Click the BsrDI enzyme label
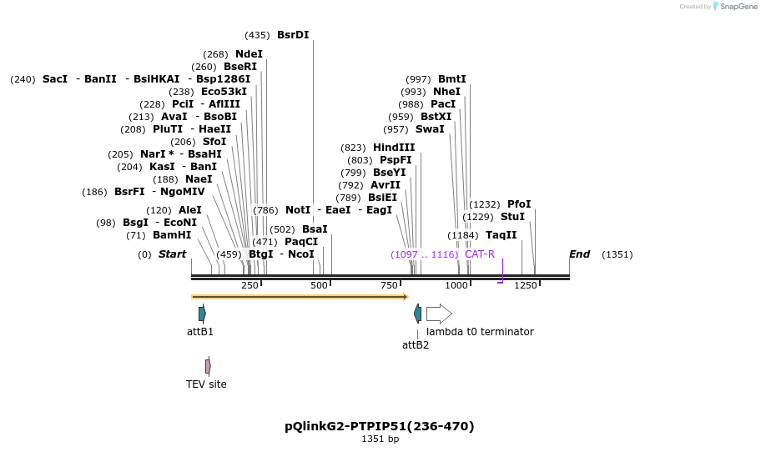click(293, 35)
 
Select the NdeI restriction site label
click(249, 54)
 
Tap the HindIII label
click(394, 148)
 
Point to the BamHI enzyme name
click(172, 235)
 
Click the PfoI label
click(519, 204)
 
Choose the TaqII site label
click(501, 235)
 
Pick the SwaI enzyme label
click(430, 129)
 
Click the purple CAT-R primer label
click(480, 254)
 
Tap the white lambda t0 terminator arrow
click(439, 314)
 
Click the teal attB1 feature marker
click(202, 314)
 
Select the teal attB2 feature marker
click(417, 314)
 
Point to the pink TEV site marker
click(208, 366)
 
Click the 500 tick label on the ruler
click(320, 286)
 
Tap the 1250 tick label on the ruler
click(526, 286)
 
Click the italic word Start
click(172, 254)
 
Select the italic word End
click(579, 254)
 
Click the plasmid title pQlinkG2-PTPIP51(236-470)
click(380, 426)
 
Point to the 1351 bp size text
click(380, 439)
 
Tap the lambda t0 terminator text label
click(480, 332)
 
